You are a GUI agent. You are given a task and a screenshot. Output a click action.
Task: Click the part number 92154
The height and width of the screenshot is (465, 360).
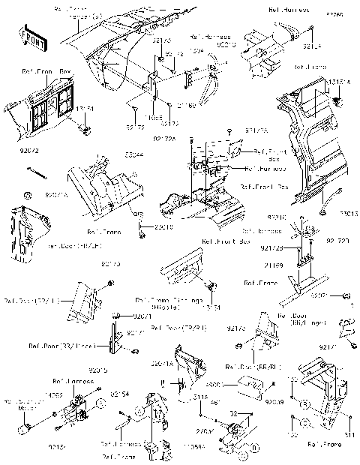click(x=119, y=393)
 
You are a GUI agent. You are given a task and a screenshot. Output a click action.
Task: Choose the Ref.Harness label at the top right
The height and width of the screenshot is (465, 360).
click(x=286, y=10)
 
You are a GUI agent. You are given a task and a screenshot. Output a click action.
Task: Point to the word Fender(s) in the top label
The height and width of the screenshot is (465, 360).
click(x=77, y=15)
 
